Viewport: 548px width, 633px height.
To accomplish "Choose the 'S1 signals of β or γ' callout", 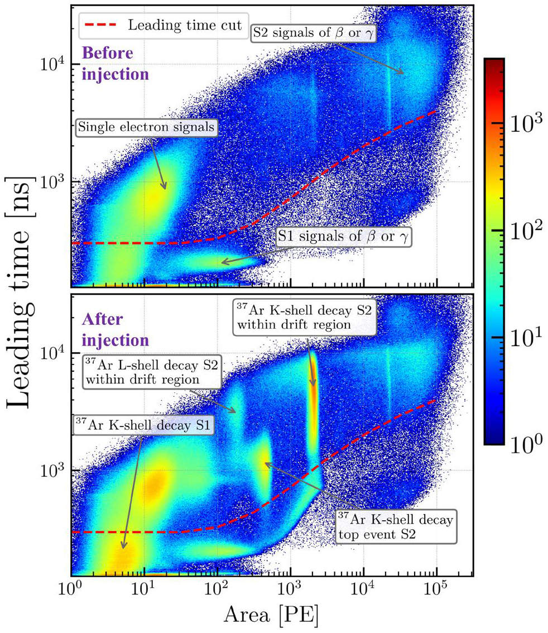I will click(344, 237).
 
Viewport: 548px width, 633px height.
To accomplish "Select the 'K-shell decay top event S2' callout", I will click(395, 525).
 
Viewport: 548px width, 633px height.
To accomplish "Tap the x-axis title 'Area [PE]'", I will click(271, 616).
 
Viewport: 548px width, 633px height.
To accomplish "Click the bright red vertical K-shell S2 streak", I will click(314, 391).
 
